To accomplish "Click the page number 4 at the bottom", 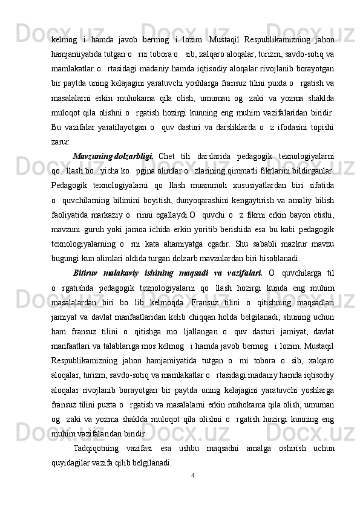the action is coord(192,475).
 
